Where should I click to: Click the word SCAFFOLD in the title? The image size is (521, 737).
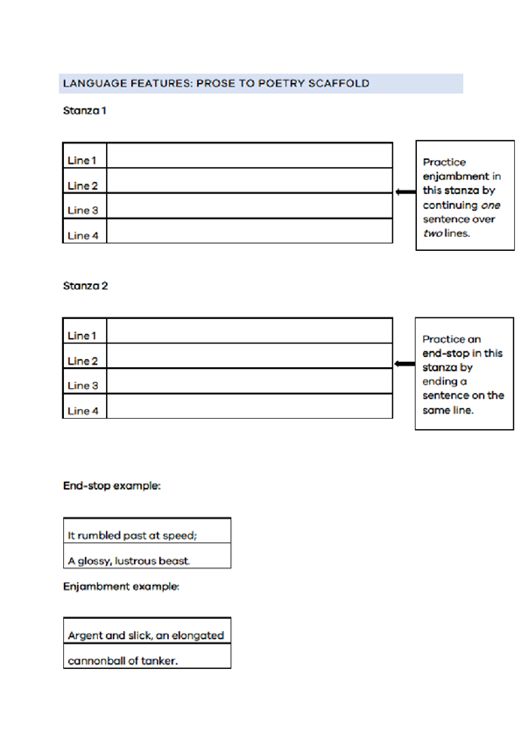click(338, 83)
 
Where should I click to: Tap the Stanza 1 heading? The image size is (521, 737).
click(85, 110)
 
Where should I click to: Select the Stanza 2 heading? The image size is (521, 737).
click(85, 286)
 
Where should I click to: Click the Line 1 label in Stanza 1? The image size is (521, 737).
click(82, 160)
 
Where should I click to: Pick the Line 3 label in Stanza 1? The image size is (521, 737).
click(83, 210)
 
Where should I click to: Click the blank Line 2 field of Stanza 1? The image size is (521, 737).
click(250, 180)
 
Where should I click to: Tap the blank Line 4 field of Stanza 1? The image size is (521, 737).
click(250, 231)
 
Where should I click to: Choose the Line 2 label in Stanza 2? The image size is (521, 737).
click(83, 361)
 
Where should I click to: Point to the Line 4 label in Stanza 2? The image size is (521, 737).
click(83, 411)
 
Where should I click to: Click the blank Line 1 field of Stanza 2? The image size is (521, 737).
click(250, 330)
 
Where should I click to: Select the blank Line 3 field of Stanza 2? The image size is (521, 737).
click(250, 380)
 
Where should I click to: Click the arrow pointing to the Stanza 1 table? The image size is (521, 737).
click(405, 191)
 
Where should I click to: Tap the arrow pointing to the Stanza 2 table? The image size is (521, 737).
click(405, 364)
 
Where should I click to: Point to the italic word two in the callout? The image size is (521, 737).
click(433, 233)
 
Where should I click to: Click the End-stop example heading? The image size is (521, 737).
click(112, 485)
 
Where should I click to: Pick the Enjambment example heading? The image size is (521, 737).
click(122, 587)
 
